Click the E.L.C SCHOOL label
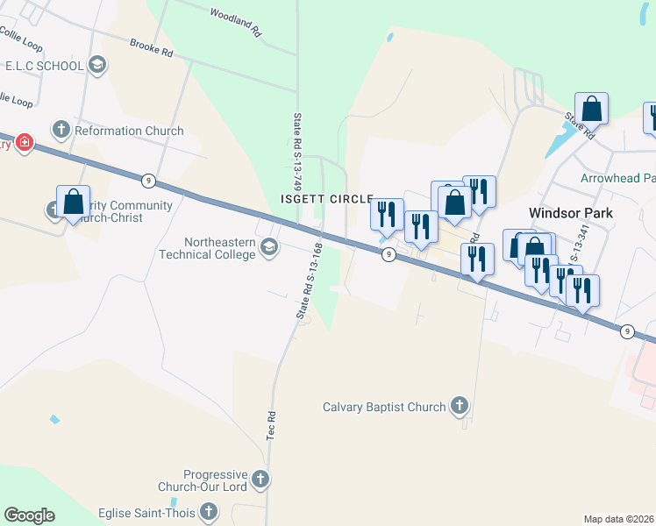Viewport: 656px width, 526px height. point(44,66)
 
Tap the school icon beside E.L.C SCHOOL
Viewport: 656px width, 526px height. point(97,65)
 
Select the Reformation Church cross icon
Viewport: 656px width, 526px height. point(61,131)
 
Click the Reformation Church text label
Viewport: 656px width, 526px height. point(130,131)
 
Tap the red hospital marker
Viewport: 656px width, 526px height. point(23,142)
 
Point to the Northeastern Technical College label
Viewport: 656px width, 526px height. point(219,248)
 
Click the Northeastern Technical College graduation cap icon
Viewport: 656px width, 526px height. point(269,249)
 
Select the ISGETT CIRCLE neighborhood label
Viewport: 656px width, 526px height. point(326,200)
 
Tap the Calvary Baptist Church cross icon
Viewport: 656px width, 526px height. point(458,406)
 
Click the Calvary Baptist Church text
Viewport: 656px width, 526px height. point(384,407)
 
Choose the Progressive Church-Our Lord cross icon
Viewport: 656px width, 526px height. point(259,480)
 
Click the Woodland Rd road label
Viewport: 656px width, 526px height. point(236,21)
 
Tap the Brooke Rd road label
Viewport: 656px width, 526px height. point(152,48)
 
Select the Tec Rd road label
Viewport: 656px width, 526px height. point(271,426)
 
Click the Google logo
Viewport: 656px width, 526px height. point(29,515)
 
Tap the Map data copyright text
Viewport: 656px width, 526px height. point(619,519)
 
